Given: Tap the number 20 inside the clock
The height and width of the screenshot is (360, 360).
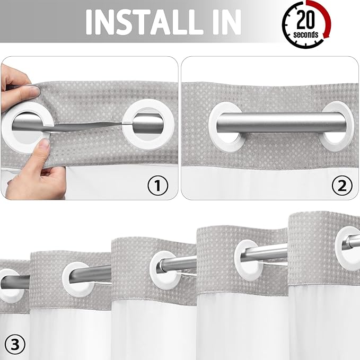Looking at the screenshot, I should (306, 20).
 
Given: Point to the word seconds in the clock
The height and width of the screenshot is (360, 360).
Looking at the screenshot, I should (306, 35).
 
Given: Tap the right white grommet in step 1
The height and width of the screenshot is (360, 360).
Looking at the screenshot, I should (144, 122).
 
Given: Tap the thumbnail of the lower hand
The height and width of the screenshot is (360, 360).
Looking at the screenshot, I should (43, 144).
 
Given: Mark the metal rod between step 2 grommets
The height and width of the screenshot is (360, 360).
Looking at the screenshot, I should (281, 122).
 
